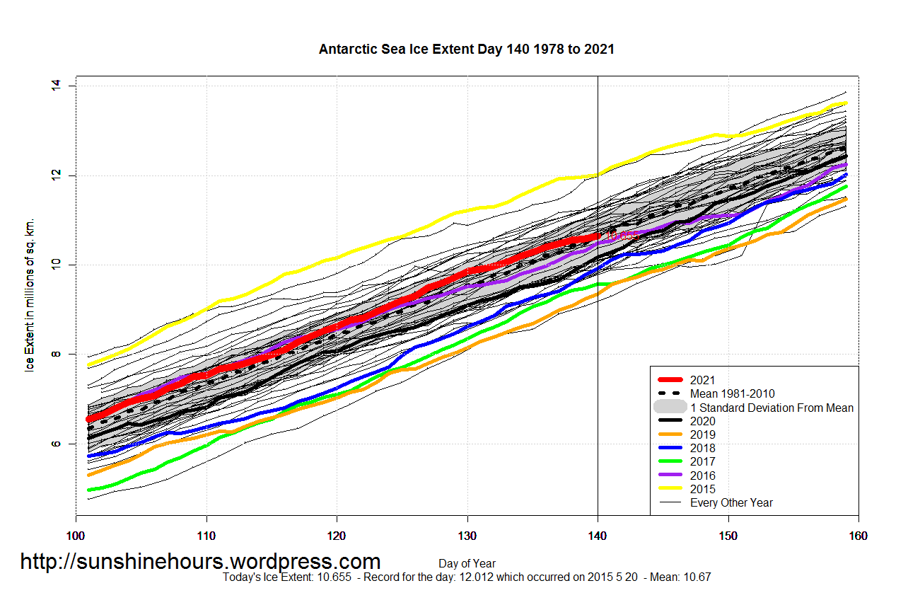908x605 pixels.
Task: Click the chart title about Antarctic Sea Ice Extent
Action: pyautogui.click(x=466, y=50)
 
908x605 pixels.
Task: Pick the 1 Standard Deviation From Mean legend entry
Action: pyautogui.click(x=771, y=408)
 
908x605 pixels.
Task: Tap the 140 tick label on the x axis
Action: pyautogui.click(x=598, y=536)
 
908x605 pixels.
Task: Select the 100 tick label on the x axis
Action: pyautogui.click(x=76, y=536)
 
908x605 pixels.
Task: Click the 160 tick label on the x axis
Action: pyautogui.click(x=858, y=536)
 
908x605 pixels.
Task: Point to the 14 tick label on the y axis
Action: pyautogui.click(x=56, y=86)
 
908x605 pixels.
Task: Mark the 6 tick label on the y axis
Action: pyautogui.click(x=56, y=444)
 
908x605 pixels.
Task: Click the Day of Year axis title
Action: pyautogui.click(x=467, y=564)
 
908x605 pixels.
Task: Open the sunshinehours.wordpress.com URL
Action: pyautogui.click(x=200, y=561)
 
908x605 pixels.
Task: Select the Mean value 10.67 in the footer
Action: pyautogui.click(x=696, y=577)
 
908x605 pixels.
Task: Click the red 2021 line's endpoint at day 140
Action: pyautogui.click(x=597, y=235)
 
